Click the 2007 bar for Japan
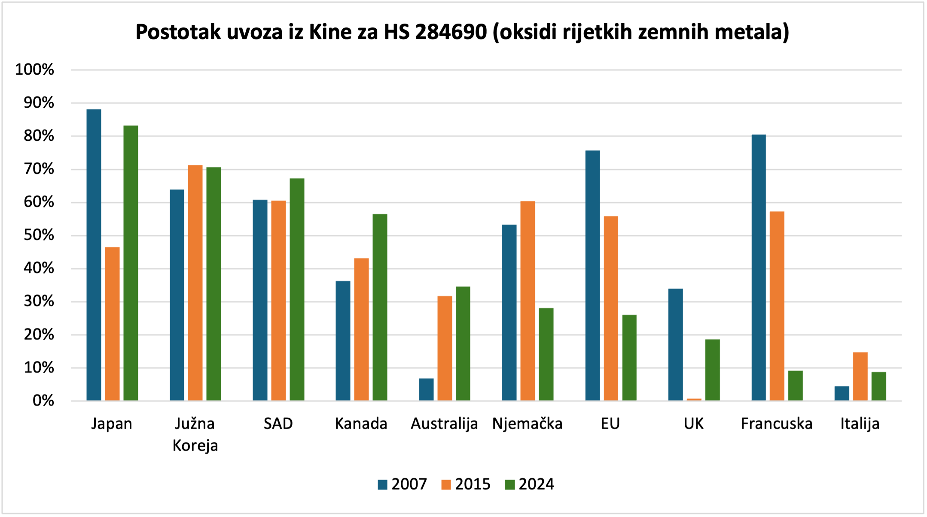point(94,255)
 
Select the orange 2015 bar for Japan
point(112,324)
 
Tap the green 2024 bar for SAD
point(297,290)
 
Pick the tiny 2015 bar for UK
point(694,399)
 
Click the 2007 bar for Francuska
point(759,268)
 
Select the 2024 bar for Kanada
point(380,307)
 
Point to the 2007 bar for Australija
point(426,390)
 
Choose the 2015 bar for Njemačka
point(528,301)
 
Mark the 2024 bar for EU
point(629,358)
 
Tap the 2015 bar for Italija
point(860,376)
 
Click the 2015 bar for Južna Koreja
point(195,283)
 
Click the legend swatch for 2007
point(382,484)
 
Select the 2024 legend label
point(536,484)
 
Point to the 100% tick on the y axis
point(34,70)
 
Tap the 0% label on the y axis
point(43,401)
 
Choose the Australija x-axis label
point(444,424)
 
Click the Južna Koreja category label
point(195,434)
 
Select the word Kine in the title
point(330,32)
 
